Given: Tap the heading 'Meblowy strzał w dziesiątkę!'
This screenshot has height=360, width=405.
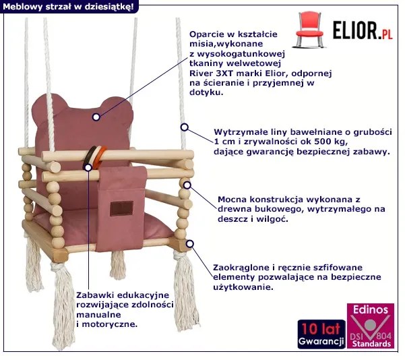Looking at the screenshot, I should (67, 6).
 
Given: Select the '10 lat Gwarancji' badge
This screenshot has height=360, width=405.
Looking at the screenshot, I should (319, 334).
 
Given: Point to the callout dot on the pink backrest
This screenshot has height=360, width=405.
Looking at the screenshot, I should (97, 117).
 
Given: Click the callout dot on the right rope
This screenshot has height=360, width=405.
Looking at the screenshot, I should (182, 126).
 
